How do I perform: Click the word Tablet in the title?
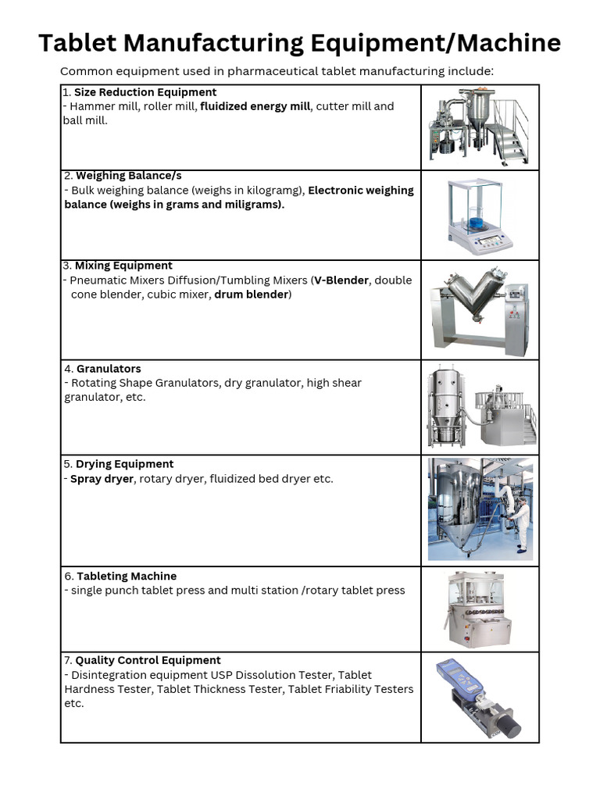(80, 43)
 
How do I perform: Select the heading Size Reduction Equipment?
(145, 92)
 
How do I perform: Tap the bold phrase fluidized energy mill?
(255, 106)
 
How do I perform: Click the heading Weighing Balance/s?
(128, 176)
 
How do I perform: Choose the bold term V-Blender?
(341, 280)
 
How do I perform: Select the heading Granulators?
(109, 369)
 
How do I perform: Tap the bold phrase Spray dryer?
(102, 478)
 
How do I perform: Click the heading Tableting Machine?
(127, 576)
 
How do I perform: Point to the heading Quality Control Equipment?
(148, 660)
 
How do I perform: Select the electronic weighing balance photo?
(480, 216)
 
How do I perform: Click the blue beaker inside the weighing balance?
(476, 223)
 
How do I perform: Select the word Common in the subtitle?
(85, 72)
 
